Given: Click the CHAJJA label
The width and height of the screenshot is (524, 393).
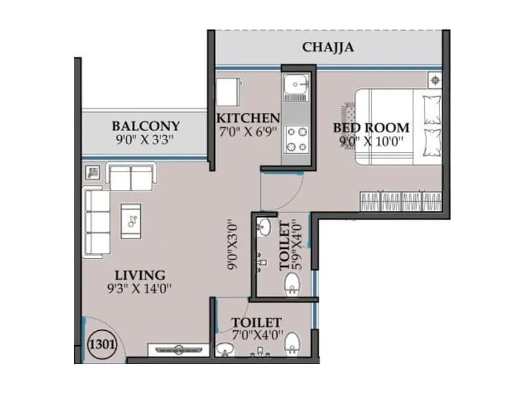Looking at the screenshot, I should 328,47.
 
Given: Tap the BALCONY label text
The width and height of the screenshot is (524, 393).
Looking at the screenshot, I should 145,126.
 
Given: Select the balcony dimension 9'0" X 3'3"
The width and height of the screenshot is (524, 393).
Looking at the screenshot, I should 145,140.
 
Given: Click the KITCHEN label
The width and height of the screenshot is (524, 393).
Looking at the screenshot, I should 248,119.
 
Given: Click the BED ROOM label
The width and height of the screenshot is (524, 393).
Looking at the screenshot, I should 371,128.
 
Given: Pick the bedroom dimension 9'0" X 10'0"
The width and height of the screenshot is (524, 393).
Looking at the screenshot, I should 371,141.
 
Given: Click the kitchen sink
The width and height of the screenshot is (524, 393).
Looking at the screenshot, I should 297,86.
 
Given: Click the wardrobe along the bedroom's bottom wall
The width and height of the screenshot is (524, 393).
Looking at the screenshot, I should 400,200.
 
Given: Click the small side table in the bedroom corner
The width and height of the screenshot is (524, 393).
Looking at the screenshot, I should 434,80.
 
